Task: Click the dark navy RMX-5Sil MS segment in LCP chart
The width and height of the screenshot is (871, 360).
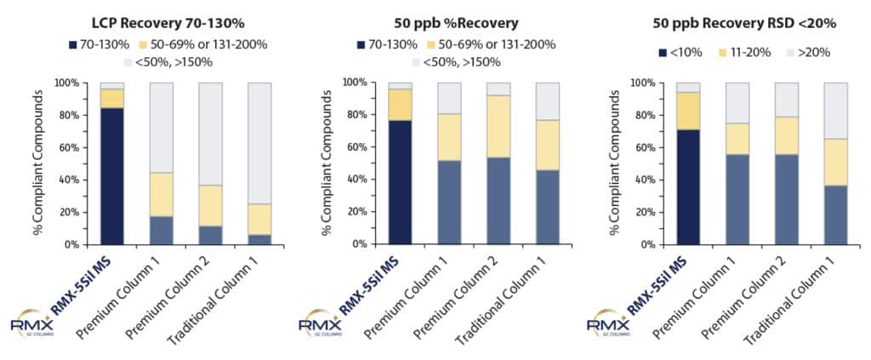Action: pos(111,175)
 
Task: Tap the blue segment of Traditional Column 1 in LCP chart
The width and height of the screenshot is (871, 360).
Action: pos(259,239)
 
